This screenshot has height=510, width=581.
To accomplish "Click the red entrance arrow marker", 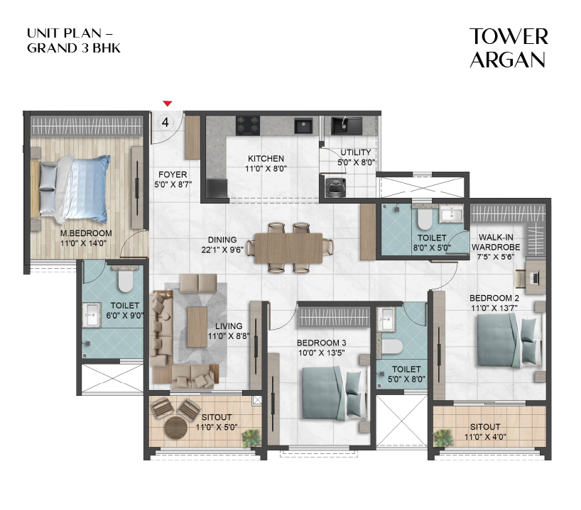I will click(x=167, y=104).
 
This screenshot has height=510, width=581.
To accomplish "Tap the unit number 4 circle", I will click(x=166, y=121).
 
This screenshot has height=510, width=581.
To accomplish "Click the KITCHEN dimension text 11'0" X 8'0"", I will click(x=266, y=170).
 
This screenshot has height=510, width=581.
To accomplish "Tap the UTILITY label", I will click(x=356, y=153).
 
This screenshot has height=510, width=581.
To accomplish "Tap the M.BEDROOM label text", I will click(x=86, y=234).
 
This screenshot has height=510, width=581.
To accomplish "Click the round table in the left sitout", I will click(x=175, y=428).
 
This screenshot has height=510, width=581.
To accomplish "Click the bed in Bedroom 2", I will click(x=505, y=336).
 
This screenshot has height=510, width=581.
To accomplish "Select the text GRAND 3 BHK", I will click(x=68, y=48).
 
